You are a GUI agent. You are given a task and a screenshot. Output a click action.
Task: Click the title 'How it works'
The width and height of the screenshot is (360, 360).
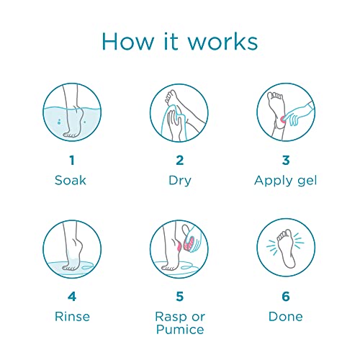pos(180,40)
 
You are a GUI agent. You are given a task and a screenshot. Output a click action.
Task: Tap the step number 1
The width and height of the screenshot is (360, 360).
pos(72,160)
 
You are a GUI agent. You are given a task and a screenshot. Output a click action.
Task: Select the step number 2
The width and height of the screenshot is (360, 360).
pos(180,160)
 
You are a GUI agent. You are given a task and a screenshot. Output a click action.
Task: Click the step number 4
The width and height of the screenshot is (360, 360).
pos(72,296)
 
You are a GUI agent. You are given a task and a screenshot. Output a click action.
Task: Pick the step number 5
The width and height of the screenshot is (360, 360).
pos(180,296)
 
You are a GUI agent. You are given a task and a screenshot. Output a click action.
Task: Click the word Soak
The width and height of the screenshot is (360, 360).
pos(72,180)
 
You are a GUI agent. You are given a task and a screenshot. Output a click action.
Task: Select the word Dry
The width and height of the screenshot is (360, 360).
pos(180,180)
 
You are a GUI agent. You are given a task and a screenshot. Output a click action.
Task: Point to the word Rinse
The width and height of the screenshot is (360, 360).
pos(72,316)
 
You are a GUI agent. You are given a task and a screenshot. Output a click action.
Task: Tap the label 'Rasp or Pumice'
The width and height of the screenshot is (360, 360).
pos(180,323)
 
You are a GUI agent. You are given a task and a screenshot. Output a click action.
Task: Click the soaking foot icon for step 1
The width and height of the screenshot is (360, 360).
pos(72,112)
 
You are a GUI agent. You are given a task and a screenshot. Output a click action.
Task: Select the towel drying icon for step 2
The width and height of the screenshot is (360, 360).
pos(180,112)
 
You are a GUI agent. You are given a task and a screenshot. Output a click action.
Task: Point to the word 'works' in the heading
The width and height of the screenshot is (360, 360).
pos(222,40)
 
